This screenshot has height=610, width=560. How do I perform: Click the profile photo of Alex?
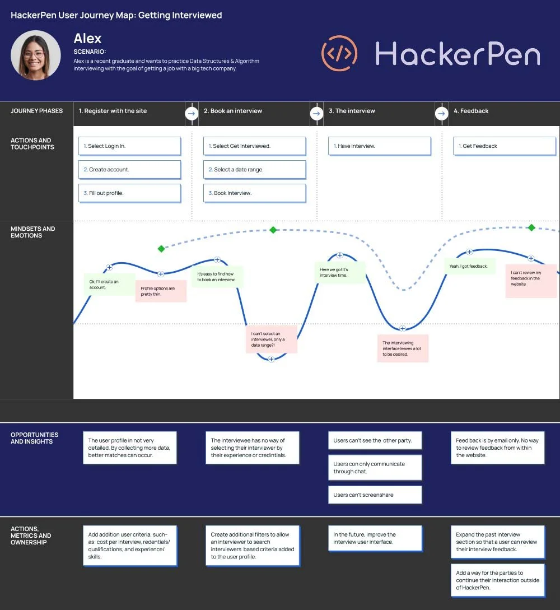pos(36,55)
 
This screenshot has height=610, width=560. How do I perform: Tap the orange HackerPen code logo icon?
pos(339,54)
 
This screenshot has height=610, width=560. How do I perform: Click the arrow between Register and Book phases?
pos(192,114)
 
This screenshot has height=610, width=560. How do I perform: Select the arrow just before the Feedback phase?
pos(441,114)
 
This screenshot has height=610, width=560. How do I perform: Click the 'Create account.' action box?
pos(130,169)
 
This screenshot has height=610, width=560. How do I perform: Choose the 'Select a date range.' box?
pos(255,169)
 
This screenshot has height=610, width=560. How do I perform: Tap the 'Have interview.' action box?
pos(380,146)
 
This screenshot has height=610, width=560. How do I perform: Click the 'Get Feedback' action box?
pos(505,146)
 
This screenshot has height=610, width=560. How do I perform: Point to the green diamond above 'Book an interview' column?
pos(273,230)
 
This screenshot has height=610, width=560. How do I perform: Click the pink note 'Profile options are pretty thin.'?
pos(161,291)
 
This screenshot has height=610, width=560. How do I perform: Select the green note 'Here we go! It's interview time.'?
pos(339,273)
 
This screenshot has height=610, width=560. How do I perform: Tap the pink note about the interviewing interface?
pos(403,348)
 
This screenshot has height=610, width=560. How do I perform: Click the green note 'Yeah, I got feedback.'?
pos(469,266)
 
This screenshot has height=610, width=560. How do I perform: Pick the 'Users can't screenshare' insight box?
pos(375,495)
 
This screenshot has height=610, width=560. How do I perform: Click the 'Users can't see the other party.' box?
pos(375,440)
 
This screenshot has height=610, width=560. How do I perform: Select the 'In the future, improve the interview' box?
pos(375,538)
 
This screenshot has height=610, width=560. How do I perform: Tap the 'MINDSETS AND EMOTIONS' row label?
pos(33,232)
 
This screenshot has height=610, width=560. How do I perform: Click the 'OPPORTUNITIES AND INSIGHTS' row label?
pos(34,438)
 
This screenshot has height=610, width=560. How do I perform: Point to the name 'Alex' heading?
pos(87,39)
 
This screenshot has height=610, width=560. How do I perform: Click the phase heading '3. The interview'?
pos(352,111)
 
